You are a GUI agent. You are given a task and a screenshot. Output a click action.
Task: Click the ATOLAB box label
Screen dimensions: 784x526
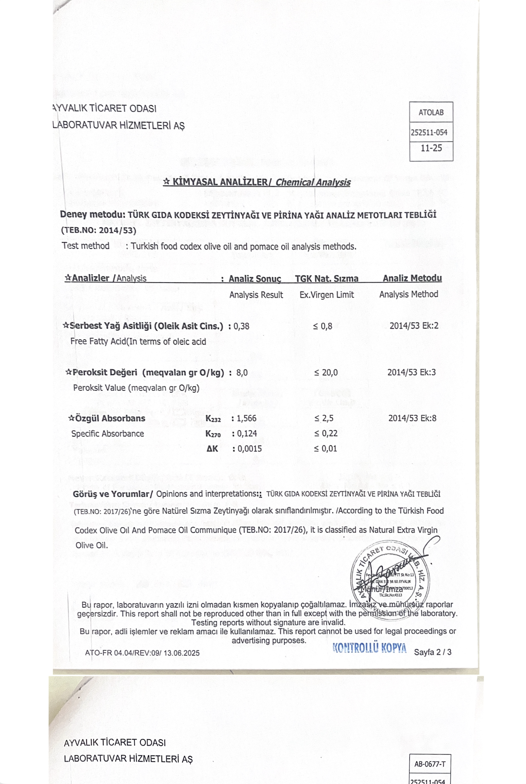click(x=431, y=112)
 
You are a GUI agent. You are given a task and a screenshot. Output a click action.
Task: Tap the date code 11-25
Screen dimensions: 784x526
click(x=431, y=148)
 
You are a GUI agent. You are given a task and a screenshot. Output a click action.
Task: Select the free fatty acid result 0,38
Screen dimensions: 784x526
click(x=242, y=326)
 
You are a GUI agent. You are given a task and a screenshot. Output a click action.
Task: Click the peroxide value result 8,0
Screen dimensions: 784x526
click(x=242, y=373)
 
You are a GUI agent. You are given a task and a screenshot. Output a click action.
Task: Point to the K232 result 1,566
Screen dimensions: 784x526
click(x=246, y=418)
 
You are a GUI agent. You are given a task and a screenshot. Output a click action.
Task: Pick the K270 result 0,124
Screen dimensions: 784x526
click(x=247, y=434)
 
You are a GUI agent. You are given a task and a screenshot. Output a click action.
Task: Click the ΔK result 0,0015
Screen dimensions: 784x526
click(x=249, y=449)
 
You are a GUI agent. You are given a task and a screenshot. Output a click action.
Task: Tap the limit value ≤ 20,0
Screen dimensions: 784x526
click(x=326, y=373)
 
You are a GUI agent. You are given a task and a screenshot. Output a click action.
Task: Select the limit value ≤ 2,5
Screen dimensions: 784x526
click(x=324, y=418)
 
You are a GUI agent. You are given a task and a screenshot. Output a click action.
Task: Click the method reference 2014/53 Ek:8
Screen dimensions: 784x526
click(x=412, y=418)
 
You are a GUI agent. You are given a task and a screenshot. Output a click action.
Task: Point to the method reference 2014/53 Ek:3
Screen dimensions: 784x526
click(x=411, y=372)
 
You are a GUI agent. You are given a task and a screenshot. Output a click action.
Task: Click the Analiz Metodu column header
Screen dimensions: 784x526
click(x=412, y=278)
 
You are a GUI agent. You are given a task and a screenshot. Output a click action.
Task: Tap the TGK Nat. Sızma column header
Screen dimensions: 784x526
click(x=326, y=279)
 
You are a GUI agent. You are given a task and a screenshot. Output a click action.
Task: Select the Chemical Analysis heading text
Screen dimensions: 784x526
click(x=313, y=182)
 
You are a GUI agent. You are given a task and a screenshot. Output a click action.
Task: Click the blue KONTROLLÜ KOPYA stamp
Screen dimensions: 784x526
click(x=369, y=648)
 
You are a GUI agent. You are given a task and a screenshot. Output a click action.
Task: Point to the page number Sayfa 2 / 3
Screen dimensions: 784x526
click(x=433, y=652)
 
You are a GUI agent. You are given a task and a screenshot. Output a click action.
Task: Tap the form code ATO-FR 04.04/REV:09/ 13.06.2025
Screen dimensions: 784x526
click(x=142, y=653)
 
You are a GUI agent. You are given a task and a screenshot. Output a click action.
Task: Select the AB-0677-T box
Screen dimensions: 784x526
click(x=430, y=764)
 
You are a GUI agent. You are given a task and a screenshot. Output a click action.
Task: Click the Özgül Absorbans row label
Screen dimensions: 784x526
click(x=107, y=418)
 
